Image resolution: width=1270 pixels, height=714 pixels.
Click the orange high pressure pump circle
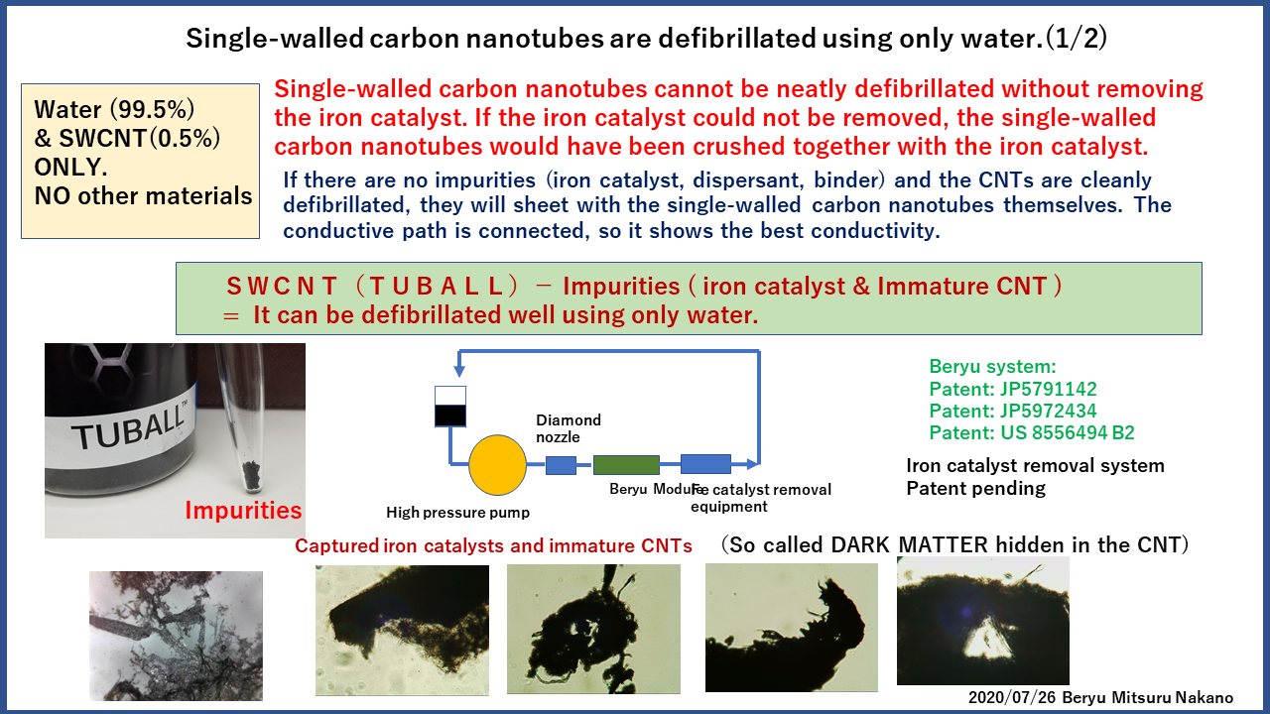tap(497, 465)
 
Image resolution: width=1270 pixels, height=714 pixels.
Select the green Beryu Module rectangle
tap(626, 465)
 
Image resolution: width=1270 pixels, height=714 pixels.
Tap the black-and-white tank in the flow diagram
tap(450, 407)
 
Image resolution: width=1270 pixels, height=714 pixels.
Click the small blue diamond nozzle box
tap(561, 465)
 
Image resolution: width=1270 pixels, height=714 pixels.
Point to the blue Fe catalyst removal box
tap(705, 463)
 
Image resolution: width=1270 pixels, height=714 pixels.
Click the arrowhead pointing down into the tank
tap(459, 371)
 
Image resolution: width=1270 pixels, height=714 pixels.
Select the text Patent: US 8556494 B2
tap(1031, 432)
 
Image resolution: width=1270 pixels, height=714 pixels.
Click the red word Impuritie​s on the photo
tap(243, 511)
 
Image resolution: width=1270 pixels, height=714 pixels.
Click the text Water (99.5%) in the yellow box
tap(114, 109)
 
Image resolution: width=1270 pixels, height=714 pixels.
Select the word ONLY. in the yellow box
tap(70, 168)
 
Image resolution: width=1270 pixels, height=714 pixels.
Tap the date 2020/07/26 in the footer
tap(1011, 697)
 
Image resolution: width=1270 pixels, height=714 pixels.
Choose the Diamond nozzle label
tap(569, 428)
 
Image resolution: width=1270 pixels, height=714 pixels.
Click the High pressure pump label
tap(457, 513)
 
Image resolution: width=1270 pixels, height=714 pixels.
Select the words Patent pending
tap(975, 489)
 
